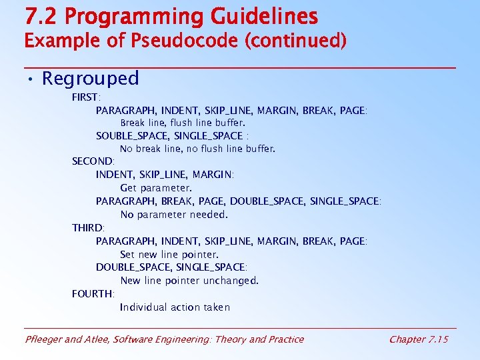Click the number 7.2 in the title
tap(39, 16)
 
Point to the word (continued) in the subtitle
tap(296, 41)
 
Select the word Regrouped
tap(91, 79)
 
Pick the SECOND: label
tap(93, 161)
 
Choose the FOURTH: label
tap(93, 293)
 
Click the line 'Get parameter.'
tap(156, 188)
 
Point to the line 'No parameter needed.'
tap(174, 215)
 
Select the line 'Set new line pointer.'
tap(169, 255)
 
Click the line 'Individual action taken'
tap(175, 307)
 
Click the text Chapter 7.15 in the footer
tap(419, 339)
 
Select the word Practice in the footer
tap(286, 339)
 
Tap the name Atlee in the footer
tap(97, 339)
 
